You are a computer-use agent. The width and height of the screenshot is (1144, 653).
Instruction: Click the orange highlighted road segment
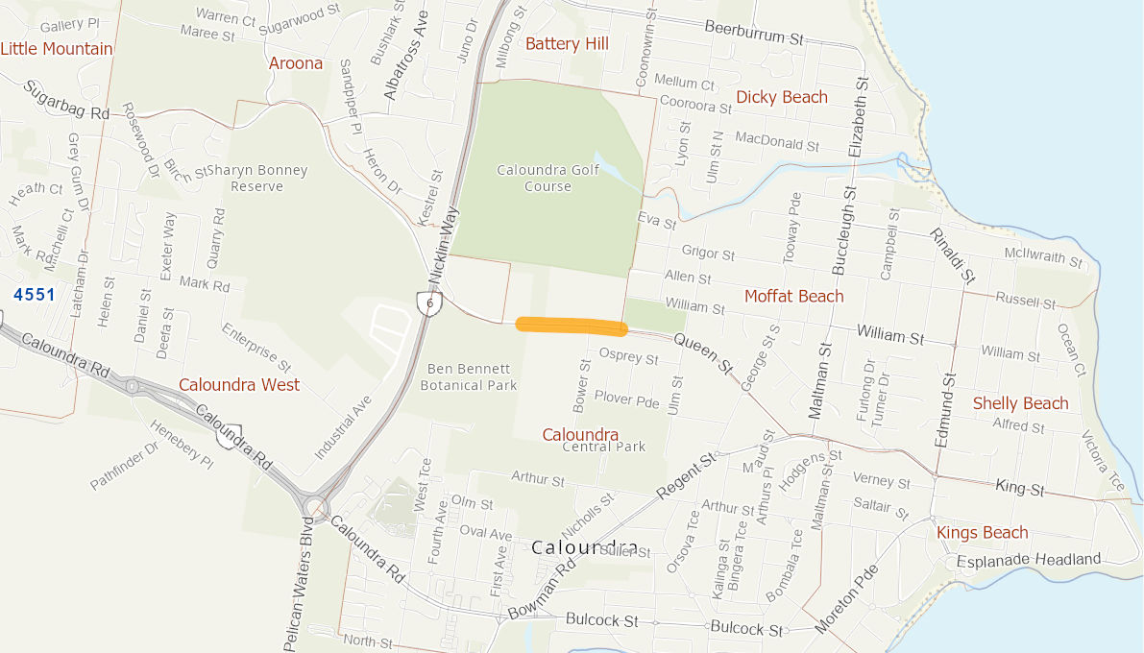coord(572,326)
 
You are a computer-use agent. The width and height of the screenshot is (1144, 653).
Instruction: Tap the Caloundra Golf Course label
coord(548,179)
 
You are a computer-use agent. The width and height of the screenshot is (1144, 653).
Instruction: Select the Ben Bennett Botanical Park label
coord(473,376)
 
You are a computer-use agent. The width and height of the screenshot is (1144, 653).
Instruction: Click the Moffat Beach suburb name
coord(793,296)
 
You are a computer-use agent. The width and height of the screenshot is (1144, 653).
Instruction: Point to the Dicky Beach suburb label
coord(781,97)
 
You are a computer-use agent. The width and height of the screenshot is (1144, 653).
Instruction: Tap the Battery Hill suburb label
coord(567,43)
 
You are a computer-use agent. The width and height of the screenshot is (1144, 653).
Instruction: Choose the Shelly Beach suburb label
coord(1020,403)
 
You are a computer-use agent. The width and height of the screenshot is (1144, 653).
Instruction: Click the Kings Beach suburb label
coord(982,532)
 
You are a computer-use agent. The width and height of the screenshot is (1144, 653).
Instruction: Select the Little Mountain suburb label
coord(57,48)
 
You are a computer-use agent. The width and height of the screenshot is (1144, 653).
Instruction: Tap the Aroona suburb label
coord(296,63)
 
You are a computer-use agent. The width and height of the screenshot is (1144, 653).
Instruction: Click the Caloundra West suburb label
coord(239,384)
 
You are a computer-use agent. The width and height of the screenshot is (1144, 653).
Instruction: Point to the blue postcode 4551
coord(35,294)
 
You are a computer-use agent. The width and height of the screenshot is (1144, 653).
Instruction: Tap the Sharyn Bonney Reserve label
coord(257,178)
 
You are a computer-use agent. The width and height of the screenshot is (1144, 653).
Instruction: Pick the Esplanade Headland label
coord(1028,559)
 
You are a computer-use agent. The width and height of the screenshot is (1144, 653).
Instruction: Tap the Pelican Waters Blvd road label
coord(299,586)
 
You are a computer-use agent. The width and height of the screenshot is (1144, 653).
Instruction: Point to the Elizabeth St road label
coord(859,116)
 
